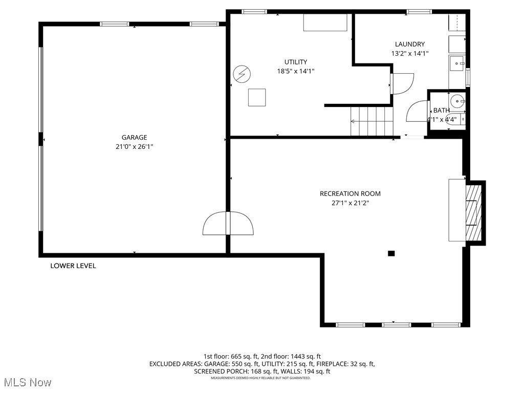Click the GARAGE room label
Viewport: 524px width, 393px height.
click(x=134, y=137)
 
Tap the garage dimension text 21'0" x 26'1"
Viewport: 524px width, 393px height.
click(x=134, y=146)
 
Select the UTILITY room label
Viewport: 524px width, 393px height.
click(x=296, y=62)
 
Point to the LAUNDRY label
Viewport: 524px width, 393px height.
click(x=409, y=44)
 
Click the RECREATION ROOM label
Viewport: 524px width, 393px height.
click(x=350, y=193)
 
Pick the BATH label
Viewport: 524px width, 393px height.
click(x=441, y=110)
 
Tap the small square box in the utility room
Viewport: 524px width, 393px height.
click(x=257, y=97)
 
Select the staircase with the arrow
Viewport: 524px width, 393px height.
click(x=370, y=121)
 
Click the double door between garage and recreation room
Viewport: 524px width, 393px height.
click(x=228, y=223)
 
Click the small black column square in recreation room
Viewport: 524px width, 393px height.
click(x=391, y=253)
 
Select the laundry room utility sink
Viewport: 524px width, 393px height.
click(x=456, y=64)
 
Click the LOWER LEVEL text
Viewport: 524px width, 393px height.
click(x=73, y=266)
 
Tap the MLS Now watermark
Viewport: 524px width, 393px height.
click(x=28, y=382)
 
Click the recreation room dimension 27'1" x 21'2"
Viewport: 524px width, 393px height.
click(x=350, y=203)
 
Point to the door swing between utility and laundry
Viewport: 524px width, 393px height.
click(x=402, y=83)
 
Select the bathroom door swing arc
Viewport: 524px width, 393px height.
click(x=418, y=112)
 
